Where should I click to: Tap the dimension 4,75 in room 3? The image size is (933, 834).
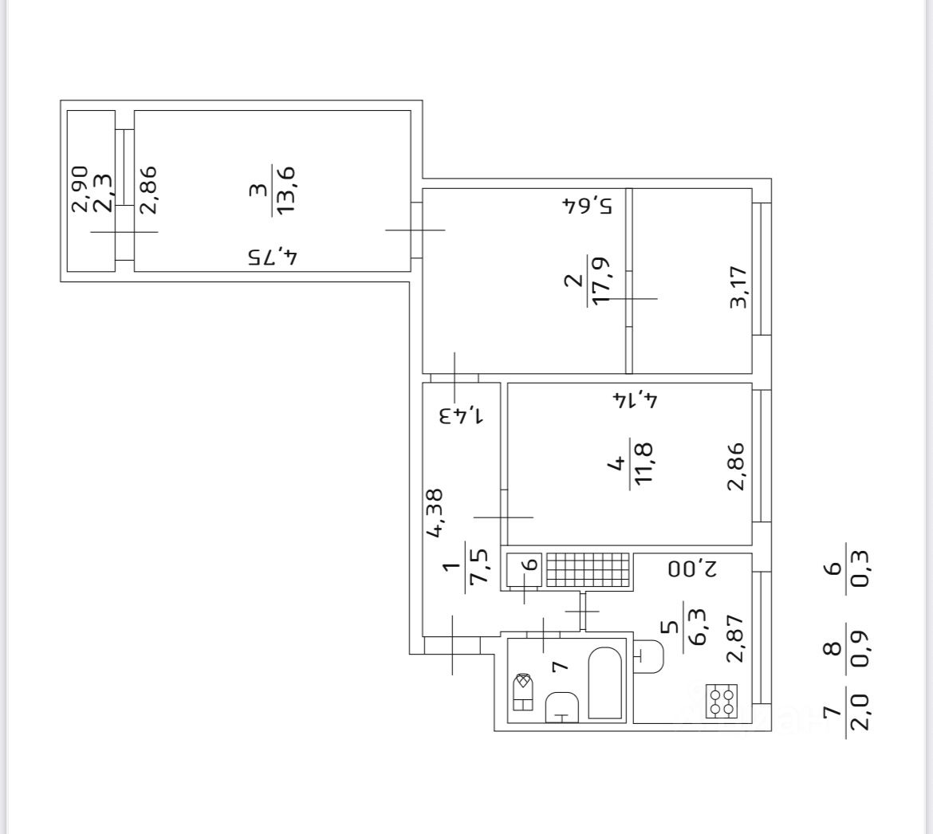(x=272, y=258)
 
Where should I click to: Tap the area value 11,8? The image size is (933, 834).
(x=643, y=463)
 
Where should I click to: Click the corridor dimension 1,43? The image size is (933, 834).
(x=462, y=415)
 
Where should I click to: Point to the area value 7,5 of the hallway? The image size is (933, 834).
(x=479, y=567)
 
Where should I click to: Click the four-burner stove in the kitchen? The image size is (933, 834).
(x=722, y=702)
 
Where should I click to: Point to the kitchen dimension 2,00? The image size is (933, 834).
(x=694, y=569)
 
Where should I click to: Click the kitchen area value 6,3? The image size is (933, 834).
(x=696, y=631)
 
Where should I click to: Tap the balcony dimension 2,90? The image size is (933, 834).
(x=79, y=189)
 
